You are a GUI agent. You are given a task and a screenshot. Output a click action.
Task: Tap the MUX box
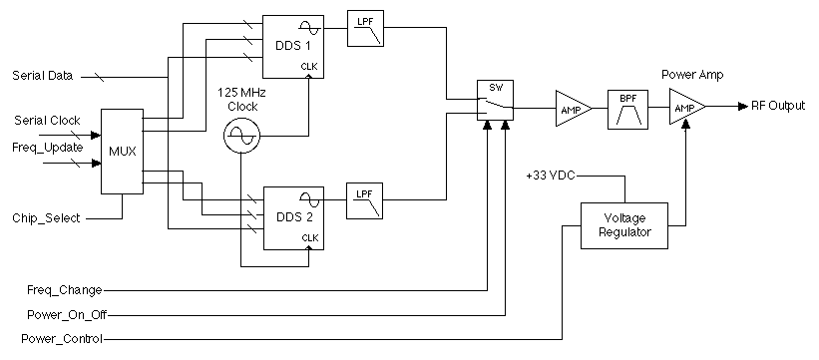(122, 153)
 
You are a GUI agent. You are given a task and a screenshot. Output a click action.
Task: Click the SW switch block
(496, 101)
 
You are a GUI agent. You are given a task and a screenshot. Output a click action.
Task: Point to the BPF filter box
(628, 108)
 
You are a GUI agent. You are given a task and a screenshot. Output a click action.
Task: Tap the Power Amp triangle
(684, 108)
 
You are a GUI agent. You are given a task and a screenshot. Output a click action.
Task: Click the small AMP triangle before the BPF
(573, 108)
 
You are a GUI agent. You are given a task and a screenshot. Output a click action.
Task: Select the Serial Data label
(45, 76)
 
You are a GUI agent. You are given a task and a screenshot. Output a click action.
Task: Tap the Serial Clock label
(47, 121)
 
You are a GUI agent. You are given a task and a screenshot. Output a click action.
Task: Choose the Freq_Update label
(48, 147)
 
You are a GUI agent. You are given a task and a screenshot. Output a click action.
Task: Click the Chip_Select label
(45, 217)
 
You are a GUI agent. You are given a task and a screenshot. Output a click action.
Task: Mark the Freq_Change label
(64, 290)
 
